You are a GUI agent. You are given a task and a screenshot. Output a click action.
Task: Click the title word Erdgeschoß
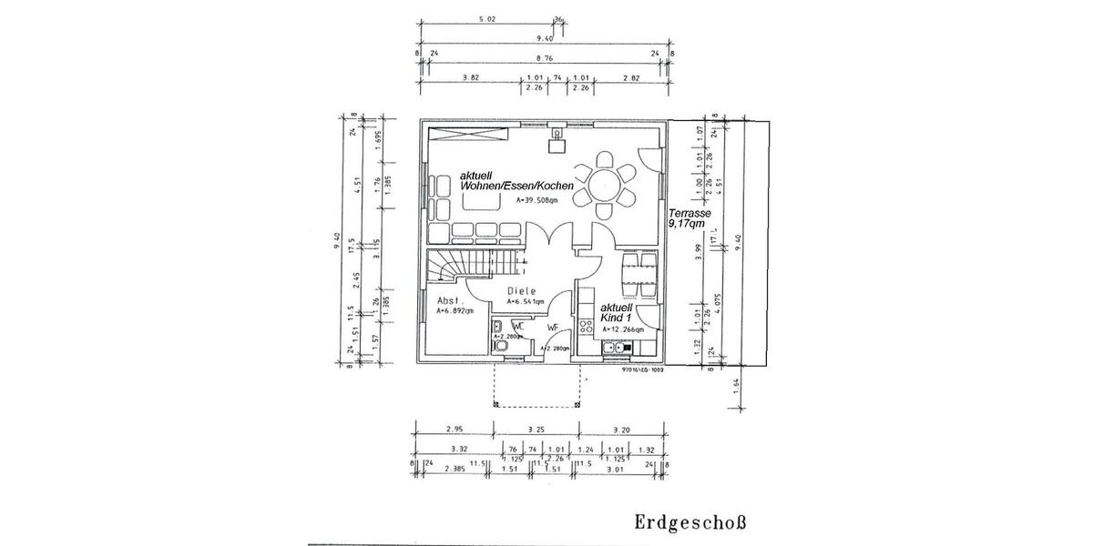(x=690, y=523)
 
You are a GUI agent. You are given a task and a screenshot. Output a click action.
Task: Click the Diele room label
(x=522, y=292)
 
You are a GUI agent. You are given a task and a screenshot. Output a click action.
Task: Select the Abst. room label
(x=452, y=300)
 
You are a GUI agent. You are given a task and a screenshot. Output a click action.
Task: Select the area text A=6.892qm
(x=455, y=311)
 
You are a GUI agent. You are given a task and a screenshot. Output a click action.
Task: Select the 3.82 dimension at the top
(x=470, y=78)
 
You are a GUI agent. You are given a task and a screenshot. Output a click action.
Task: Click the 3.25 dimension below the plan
(x=536, y=428)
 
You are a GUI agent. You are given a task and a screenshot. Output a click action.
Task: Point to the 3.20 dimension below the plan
(x=621, y=428)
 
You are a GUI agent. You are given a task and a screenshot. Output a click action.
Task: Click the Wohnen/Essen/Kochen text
(x=516, y=186)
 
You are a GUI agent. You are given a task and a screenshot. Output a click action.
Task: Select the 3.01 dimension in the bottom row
(x=616, y=470)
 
